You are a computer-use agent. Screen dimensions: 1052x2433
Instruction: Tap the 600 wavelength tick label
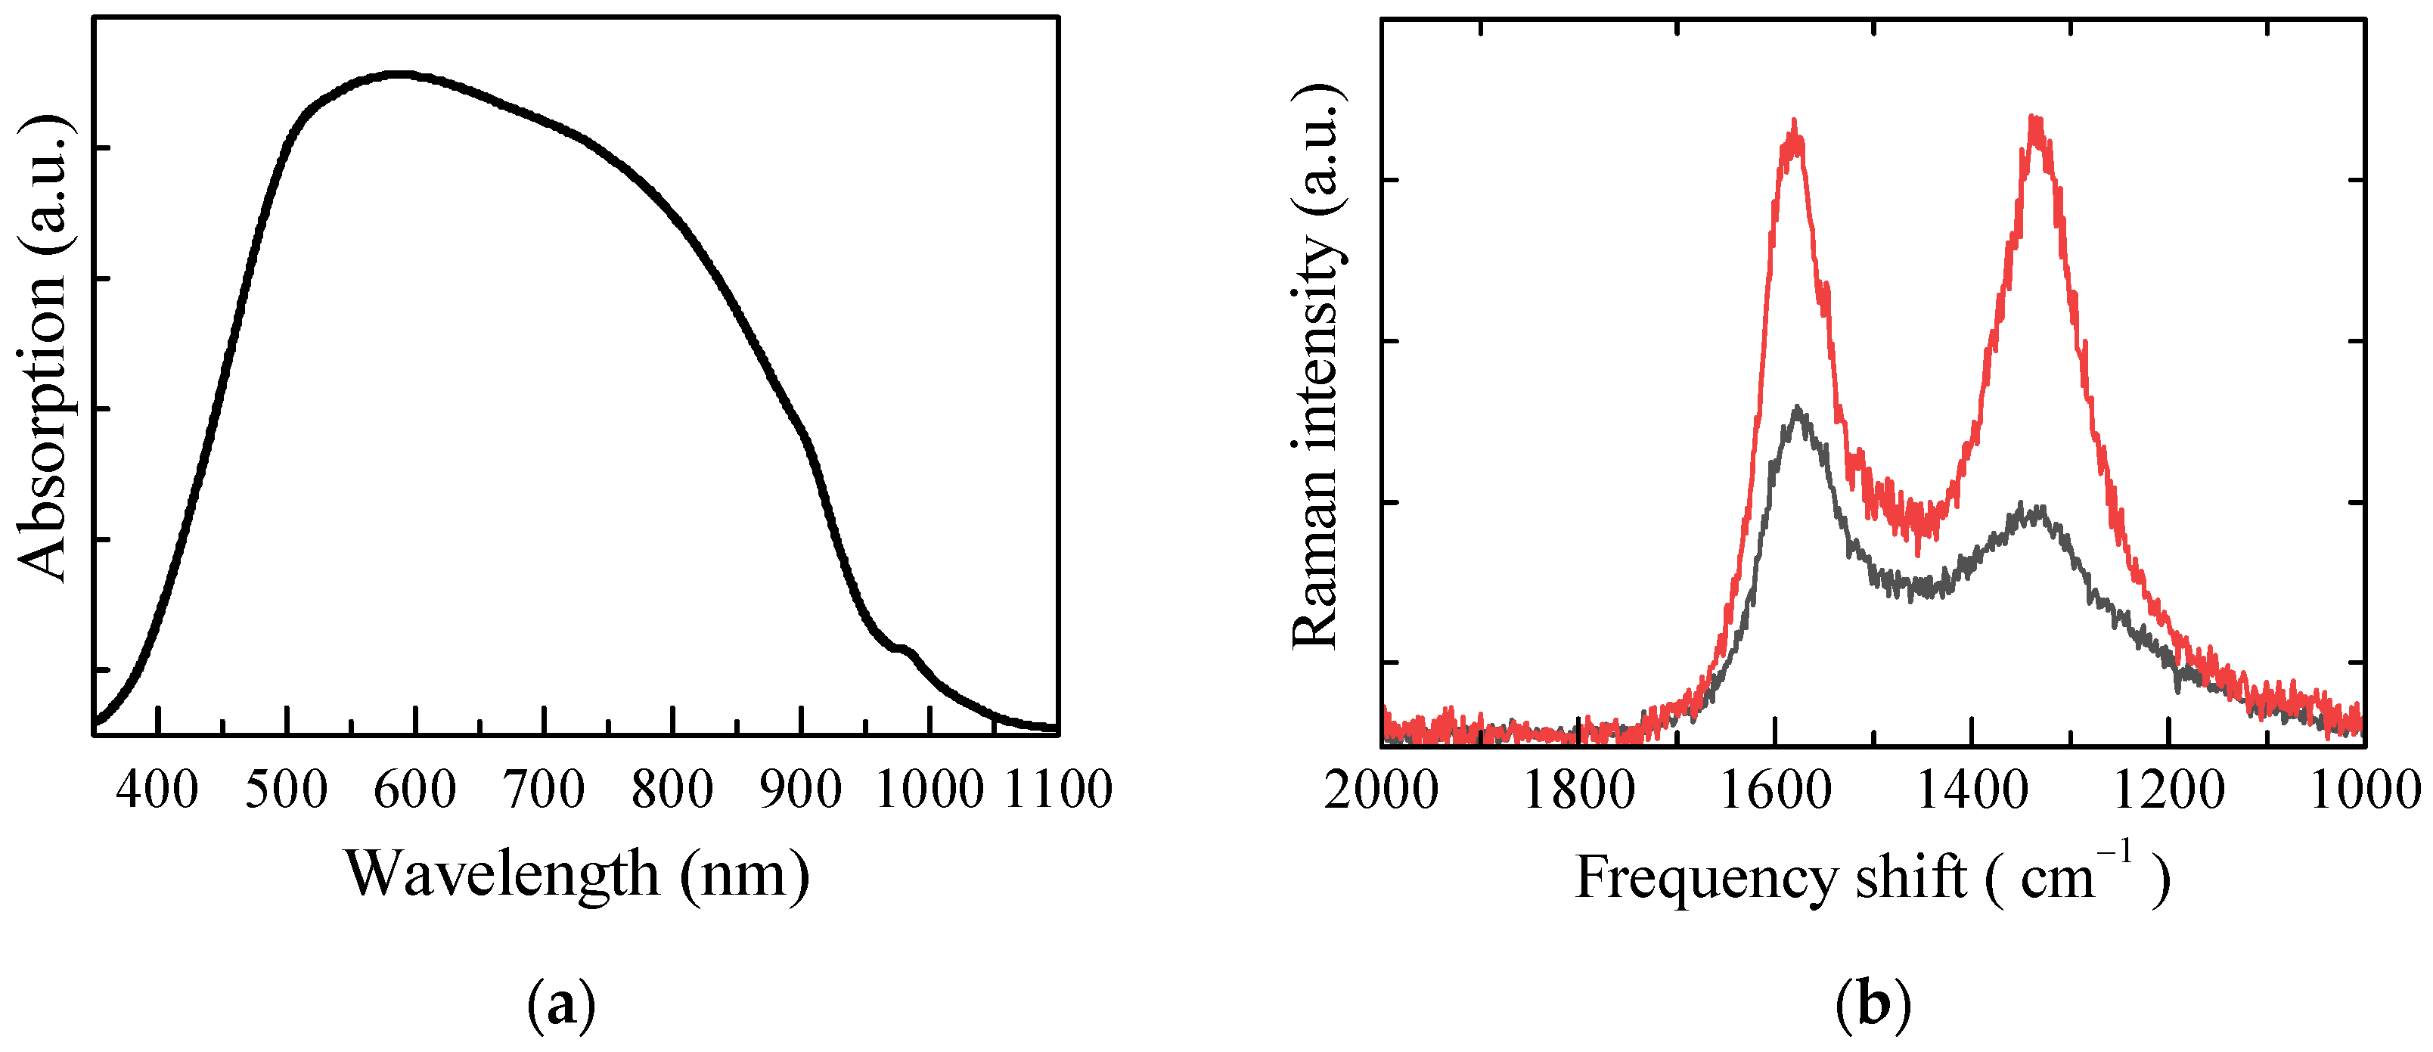[414, 790]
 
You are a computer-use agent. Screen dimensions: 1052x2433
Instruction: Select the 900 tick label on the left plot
[801, 790]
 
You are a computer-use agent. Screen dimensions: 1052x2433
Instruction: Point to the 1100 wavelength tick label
[1058, 790]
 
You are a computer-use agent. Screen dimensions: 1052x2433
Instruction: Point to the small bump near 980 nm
[904, 649]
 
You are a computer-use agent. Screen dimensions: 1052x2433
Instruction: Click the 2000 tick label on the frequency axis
[1381, 790]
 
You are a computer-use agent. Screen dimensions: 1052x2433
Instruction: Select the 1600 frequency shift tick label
[1776, 790]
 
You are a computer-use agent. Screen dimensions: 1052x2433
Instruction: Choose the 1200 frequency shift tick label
[2168, 790]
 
